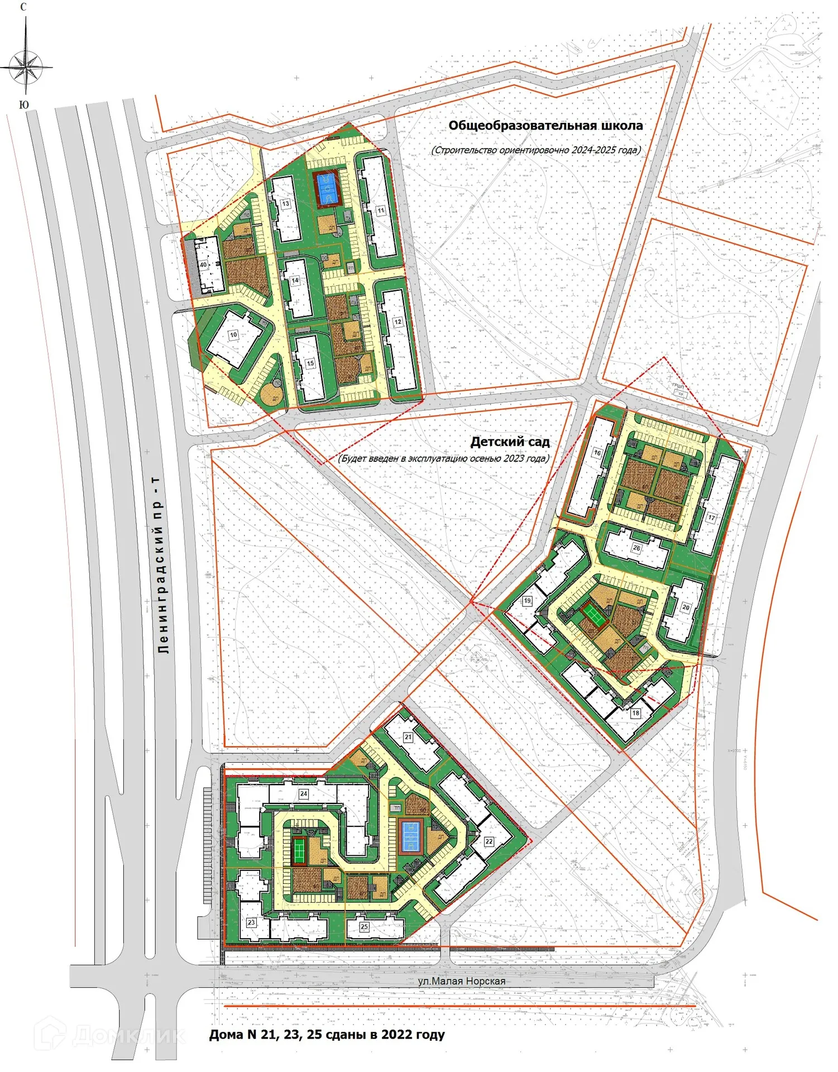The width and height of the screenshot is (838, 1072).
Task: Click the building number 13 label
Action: [286, 203]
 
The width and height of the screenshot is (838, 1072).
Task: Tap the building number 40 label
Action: [203, 265]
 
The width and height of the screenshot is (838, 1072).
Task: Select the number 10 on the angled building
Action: [233, 335]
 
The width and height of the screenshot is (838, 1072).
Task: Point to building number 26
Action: [636, 548]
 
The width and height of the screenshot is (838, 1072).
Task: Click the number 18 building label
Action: [635, 713]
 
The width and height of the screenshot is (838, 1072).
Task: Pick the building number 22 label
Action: [489, 841]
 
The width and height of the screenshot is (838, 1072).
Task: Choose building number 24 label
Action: [304, 793]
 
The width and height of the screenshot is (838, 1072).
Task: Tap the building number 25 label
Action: [364, 926]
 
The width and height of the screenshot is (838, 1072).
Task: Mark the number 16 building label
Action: [597, 453]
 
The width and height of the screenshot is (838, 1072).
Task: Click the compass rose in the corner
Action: [26, 66]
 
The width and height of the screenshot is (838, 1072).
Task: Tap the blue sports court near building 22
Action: [411, 836]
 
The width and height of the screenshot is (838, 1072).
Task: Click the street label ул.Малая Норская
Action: [461, 981]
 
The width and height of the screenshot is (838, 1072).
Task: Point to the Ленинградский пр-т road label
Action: [162, 564]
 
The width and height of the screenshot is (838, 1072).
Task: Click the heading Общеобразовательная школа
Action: [545, 126]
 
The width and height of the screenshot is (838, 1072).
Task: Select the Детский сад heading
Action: [510, 442]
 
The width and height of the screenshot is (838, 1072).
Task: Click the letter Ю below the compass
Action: [23, 105]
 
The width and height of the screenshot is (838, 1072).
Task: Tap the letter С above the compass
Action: [23, 7]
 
